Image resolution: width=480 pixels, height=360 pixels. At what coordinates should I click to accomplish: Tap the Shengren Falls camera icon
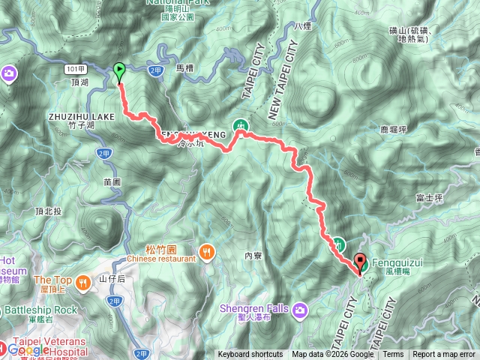[301, 309]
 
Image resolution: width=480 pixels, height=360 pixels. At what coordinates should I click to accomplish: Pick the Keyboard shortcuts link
[250, 355]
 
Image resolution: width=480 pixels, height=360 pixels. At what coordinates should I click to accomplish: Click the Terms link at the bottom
[393, 355]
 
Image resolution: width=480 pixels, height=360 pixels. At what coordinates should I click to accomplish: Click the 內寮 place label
[252, 256]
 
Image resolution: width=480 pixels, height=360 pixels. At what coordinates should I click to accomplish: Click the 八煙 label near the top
[302, 25]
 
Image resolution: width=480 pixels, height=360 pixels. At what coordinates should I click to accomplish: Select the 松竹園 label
[160, 249]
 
